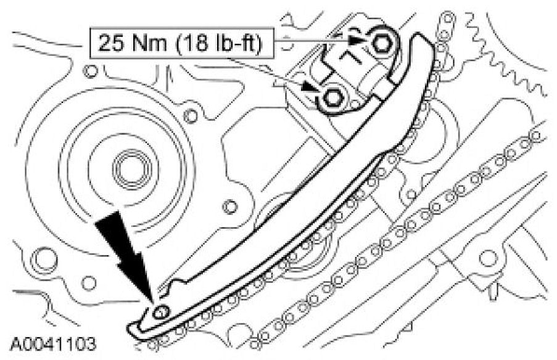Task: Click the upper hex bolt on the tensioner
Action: pyautogui.click(x=382, y=43)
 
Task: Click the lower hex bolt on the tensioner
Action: pyautogui.click(x=333, y=98)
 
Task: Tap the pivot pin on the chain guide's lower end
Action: pyautogui.click(x=160, y=313)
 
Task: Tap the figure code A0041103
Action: pyautogui.click(x=53, y=344)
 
